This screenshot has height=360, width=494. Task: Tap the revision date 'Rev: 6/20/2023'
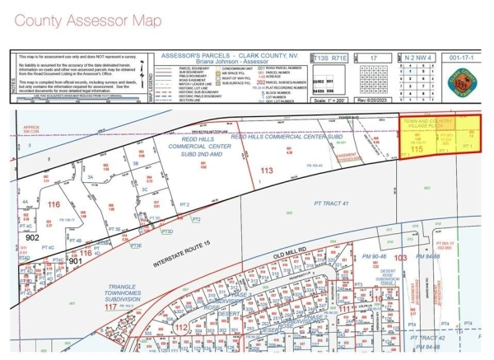click(372, 101)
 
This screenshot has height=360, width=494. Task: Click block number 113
click(265, 171)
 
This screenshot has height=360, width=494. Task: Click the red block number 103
click(401, 258)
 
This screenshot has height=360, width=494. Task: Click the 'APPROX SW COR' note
click(32, 129)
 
